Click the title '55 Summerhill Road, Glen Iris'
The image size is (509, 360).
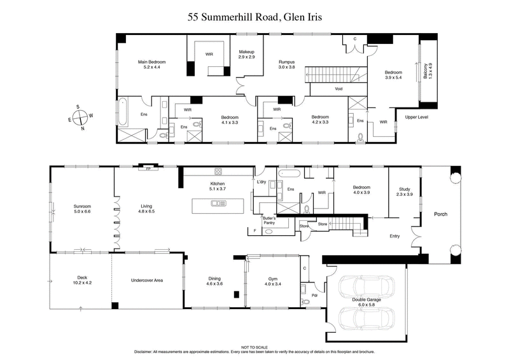(254, 17)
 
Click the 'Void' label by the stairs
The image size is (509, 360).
(338, 89)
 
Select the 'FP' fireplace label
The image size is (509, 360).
(148, 169)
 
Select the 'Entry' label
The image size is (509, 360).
(395, 237)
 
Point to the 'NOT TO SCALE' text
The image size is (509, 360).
(254, 347)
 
